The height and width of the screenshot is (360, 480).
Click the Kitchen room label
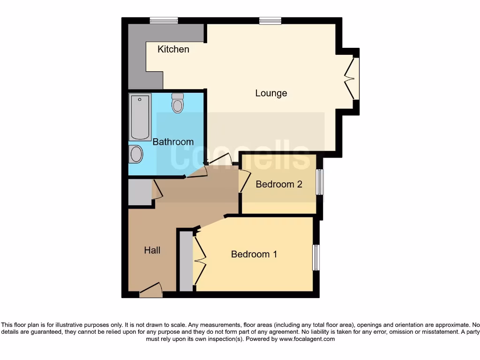(x=173, y=49)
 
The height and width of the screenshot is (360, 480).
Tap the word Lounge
(x=271, y=93)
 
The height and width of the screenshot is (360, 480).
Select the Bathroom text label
(x=173, y=142)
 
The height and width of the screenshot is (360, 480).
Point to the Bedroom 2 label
(x=278, y=184)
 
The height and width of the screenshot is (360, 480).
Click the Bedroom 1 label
(x=254, y=254)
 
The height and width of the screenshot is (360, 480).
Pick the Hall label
(x=152, y=250)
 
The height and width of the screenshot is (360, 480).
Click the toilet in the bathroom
(x=177, y=103)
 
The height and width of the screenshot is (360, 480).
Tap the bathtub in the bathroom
(x=140, y=117)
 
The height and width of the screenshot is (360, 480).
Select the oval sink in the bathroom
(x=136, y=154)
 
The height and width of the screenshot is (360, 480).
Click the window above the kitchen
(x=164, y=20)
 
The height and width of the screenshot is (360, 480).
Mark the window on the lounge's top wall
(x=270, y=20)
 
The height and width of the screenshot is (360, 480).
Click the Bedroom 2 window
(x=319, y=182)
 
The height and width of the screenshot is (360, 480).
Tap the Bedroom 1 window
(x=316, y=257)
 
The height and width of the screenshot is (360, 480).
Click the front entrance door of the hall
(x=151, y=291)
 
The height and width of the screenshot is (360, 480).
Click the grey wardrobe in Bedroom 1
(x=186, y=261)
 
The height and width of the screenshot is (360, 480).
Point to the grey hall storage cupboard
(x=139, y=192)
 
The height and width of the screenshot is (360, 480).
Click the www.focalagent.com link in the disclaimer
(x=307, y=339)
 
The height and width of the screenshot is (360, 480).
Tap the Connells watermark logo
(x=240, y=155)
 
